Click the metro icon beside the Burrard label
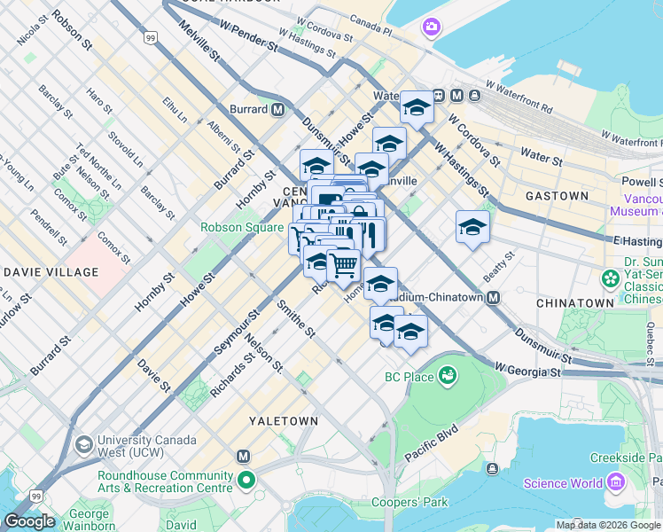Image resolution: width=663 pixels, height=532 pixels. pyautogui.click(x=278, y=110)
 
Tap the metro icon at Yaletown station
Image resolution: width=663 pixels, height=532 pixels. pyautogui.click(x=244, y=456)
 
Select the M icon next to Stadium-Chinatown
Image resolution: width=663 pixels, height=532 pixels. pyautogui.click(x=493, y=297)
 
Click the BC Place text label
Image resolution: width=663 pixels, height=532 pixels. pyautogui.click(x=409, y=378)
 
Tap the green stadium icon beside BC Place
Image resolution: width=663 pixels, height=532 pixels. pyautogui.click(x=446, y=377)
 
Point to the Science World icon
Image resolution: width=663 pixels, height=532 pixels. pyautogui.click(x=618, y=483)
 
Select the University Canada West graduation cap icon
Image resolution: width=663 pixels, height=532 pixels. pyautogui.click(x=84, y=443)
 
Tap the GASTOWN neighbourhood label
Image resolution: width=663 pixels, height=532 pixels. pyautogui.click(x=556, y=195)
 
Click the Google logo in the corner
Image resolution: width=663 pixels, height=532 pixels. pyautogui.click(x=28, y=521)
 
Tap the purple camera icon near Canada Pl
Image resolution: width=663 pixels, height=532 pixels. pyautogui.click(x=431, y=27)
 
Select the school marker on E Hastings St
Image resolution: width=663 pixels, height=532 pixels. pyautogui.click(x=472, y=227)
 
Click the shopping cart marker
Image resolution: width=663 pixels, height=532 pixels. pyautogui.click(x=344, y=262)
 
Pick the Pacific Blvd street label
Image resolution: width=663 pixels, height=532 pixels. pyautogui.click(x=431, y=438)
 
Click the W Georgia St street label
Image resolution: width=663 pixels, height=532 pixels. pyautogui.click(x=528, y=368)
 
